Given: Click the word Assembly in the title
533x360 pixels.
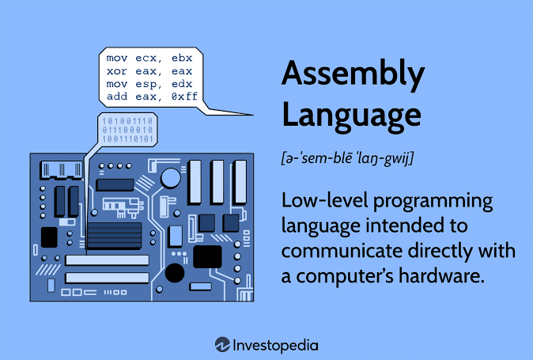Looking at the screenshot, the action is tap(353, 74).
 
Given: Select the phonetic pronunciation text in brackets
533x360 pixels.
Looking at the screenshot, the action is tap(347, 158).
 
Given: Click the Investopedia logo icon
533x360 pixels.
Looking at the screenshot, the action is tap(223, 345).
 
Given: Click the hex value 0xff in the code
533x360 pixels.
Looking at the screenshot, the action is tap(184, 97).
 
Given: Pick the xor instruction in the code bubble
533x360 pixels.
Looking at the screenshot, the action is tap(116, 71).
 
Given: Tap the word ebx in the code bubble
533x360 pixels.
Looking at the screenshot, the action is tap(182, 58).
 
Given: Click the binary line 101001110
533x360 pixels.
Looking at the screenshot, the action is tap(127, 121).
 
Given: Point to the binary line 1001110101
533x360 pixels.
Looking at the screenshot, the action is tap(127, 138).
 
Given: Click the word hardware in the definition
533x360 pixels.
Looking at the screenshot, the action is tap(441, 275).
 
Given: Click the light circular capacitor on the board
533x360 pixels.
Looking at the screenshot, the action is tap(171, 178).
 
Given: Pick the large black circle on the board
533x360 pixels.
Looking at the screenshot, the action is tap(175, 273).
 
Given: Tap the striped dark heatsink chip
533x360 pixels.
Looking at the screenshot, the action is tap(114, 236).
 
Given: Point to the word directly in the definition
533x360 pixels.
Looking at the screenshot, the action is tap(440, 252).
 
